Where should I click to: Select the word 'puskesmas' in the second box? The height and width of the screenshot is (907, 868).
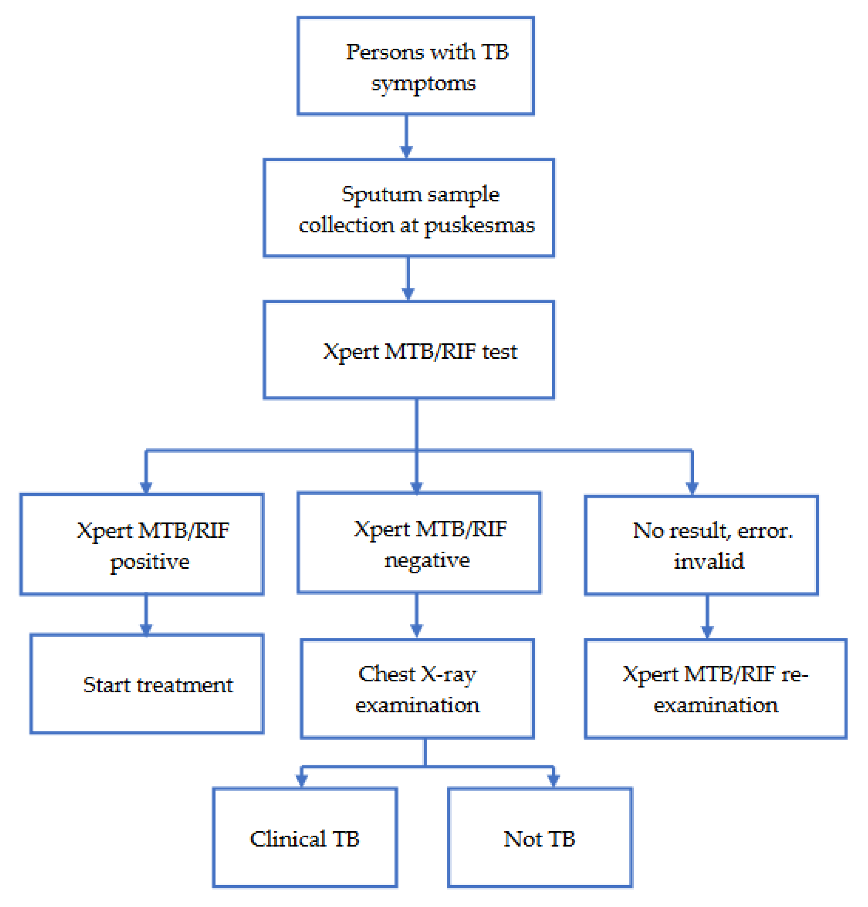[479, 225]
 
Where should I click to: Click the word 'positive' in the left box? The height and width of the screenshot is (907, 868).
[150, 562]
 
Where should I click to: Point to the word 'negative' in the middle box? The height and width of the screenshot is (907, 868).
[427, 560]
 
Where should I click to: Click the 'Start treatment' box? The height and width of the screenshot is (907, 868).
[147, 684]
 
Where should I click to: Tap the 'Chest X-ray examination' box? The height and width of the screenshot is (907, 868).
[417, 689]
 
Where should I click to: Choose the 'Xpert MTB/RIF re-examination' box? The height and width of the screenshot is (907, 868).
[715, 689]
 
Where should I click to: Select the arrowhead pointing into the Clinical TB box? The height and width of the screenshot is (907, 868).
[301, 781]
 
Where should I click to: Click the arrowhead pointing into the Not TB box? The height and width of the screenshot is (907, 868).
[553, 781]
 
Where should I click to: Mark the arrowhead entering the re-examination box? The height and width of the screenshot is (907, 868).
[707, 632]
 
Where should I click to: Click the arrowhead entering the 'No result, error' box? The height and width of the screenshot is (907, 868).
[692, 488]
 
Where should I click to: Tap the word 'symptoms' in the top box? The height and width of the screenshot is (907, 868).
[423, 84]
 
